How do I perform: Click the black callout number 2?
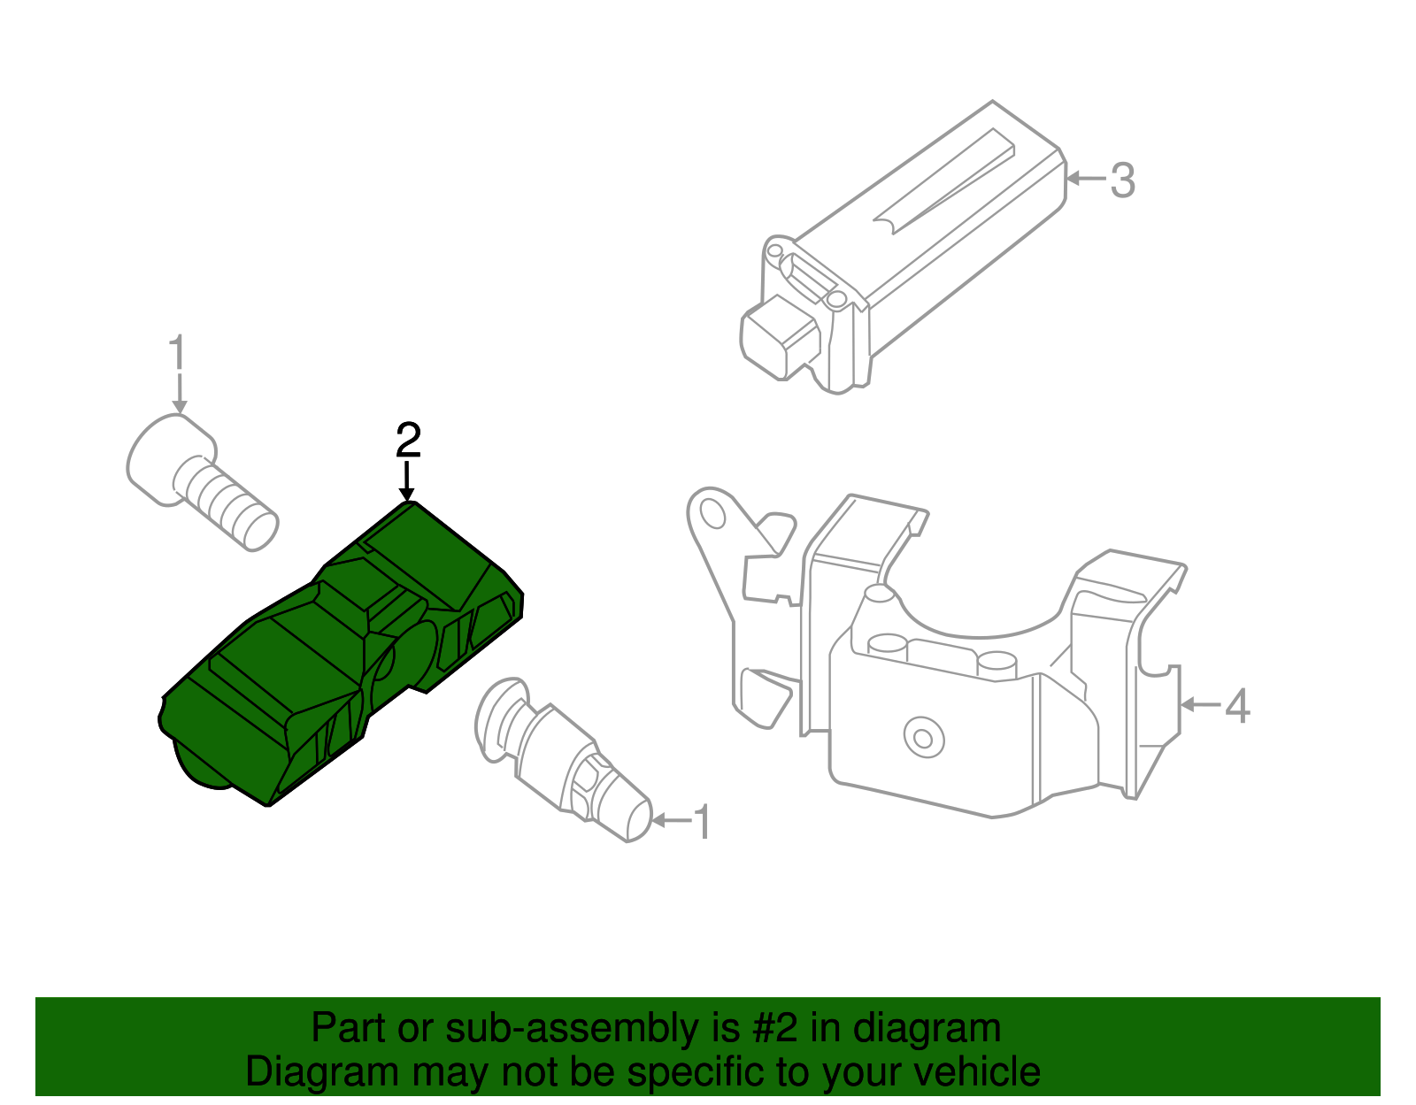pyautogui.click(x=408, y=440)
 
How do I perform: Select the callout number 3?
pyautogui.click(x=1122, y=180)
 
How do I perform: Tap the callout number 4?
pyautogui.click(x=1237, y=706)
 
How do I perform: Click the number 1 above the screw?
pyautogui.click(x=178, y=353)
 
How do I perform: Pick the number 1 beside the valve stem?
pyautogui.click(x=702, y=823)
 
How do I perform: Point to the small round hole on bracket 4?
pyautogui.click(x=922, y=736)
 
